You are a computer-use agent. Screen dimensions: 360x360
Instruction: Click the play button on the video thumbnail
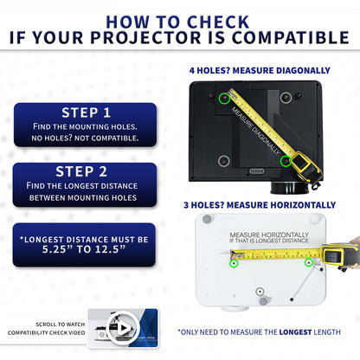(x=123, y=328)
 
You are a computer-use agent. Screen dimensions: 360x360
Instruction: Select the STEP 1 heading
(x=86, y=112)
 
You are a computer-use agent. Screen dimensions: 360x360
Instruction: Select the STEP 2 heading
(x=86, y=171)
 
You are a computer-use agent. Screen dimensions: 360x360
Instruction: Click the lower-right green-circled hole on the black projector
(x=286, y=160)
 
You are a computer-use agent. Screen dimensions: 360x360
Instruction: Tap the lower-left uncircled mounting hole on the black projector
(x=224, y=161)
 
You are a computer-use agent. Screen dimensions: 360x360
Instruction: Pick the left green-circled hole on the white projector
(x=234, y=262)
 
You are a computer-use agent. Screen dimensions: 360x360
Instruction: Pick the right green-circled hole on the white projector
(x=307, y=261)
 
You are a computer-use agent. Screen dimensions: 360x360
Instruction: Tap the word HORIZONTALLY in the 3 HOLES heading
(x=294, y=205)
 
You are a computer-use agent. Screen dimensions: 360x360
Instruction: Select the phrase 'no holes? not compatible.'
(x=86, y=138)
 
